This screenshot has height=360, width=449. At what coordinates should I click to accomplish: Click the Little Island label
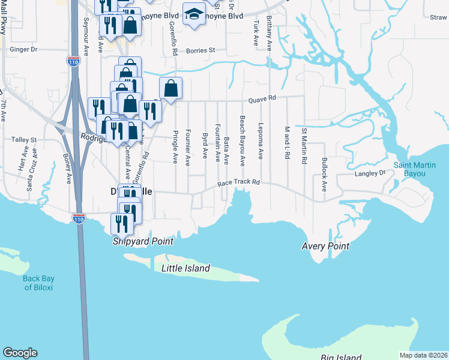tap(185, 268)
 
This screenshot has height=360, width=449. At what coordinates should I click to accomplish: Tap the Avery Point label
tap(325, 246)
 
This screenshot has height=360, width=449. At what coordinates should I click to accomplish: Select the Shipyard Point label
tap(143, 241)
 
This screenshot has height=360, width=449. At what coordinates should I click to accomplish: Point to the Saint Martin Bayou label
tap(418, 169)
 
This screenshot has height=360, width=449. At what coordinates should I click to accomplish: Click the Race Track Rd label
tap(238, 182)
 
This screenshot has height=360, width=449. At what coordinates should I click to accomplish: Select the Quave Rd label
tap(264, 98)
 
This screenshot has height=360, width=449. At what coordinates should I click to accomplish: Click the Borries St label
tap(200, 51)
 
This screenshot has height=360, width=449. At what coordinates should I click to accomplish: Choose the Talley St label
tap(24, 139)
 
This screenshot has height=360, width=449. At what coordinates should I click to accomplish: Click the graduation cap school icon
tap(194, 14)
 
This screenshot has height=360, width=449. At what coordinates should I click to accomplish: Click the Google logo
tap(20, 353)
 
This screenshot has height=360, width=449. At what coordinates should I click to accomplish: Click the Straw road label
tap(438, 18)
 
